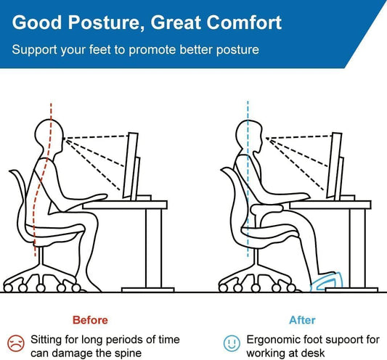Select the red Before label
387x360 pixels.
point(90,319)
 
